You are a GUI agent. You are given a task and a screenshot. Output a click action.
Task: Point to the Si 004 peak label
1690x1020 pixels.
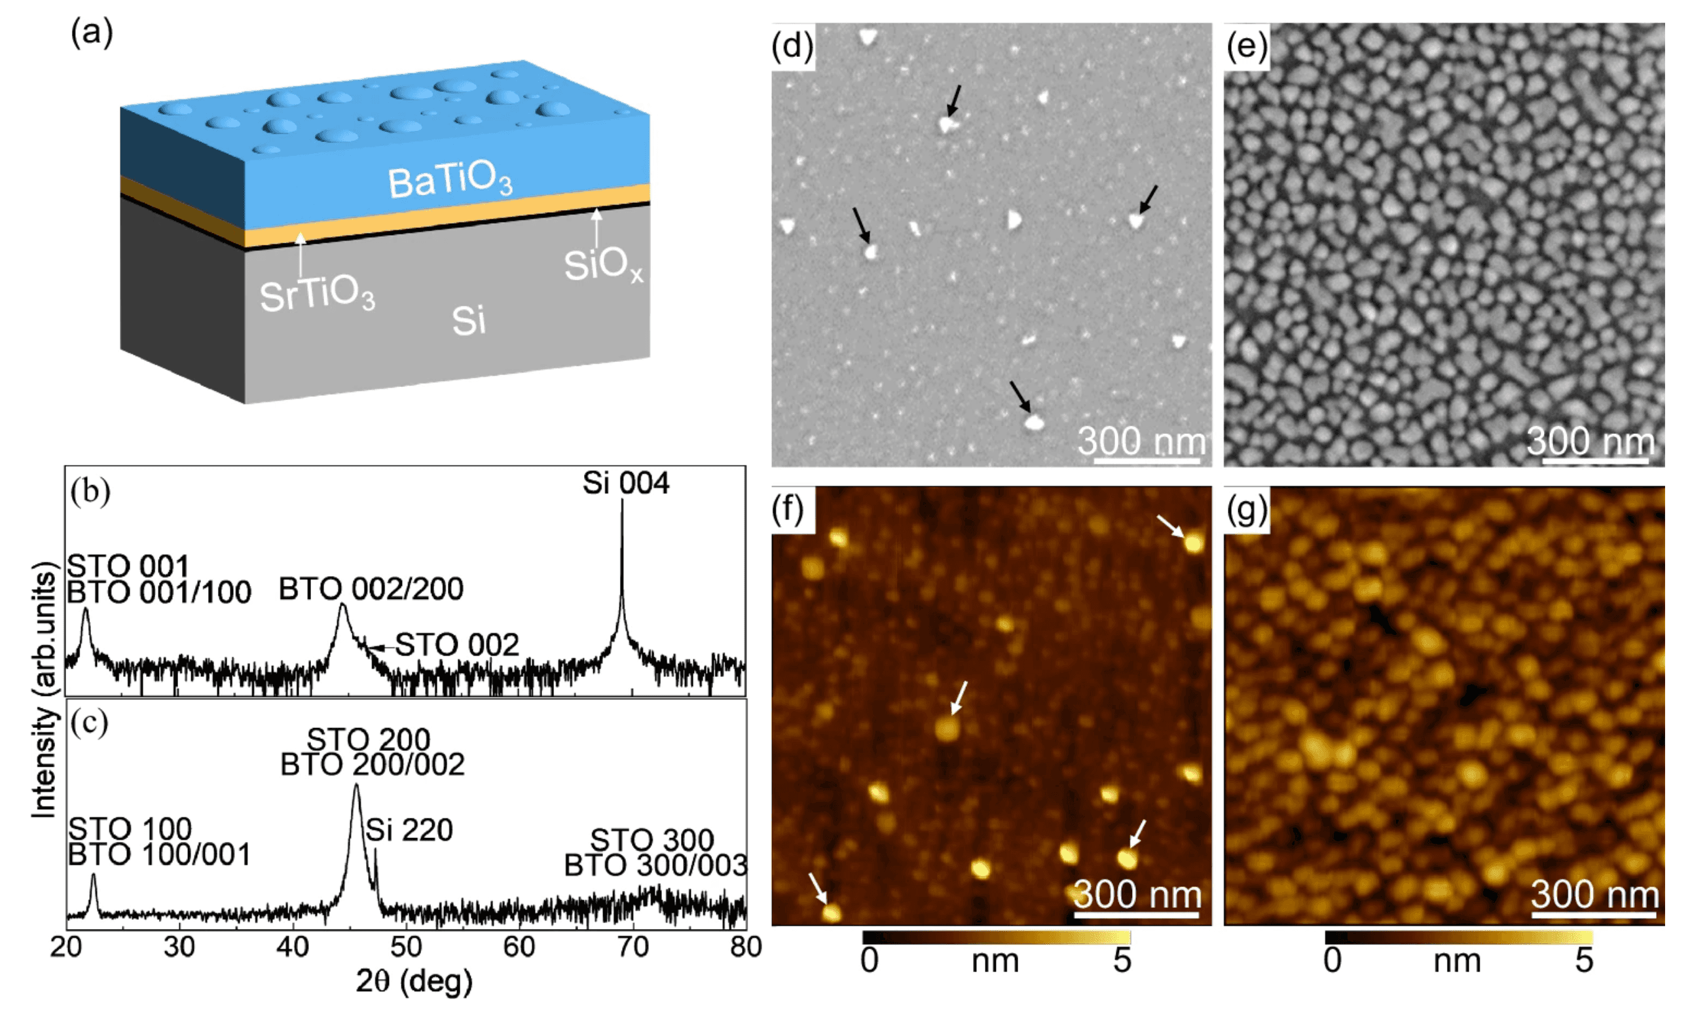[625, 484]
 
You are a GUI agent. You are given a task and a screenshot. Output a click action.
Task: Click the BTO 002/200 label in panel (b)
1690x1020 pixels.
[371, 589]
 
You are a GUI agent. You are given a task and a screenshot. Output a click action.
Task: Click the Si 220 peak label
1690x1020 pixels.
[409, 831]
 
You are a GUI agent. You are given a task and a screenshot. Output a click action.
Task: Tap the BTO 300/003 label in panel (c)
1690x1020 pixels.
[655, 865]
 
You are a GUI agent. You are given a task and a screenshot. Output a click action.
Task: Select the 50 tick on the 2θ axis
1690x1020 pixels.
[406, 947]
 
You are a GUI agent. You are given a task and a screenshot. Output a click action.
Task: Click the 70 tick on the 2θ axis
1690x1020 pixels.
[633, 947]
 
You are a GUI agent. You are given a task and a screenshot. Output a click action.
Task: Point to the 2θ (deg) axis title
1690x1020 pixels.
[414, 981]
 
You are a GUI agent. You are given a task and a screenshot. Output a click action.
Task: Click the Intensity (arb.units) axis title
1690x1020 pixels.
[44, 689]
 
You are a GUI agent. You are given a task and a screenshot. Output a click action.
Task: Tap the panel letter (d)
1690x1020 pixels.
[792, 46]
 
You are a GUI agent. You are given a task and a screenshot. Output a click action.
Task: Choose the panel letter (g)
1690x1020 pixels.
[1246, 509]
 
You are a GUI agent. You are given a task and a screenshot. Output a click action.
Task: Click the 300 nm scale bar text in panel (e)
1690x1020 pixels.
[1590, 441]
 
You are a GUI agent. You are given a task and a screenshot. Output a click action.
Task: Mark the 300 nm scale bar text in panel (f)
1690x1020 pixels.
[1137, 894]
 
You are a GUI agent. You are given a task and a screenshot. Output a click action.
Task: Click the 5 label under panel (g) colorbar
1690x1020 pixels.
[1584, 961]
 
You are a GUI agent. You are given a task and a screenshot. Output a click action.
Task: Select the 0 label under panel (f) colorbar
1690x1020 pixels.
[869, 961]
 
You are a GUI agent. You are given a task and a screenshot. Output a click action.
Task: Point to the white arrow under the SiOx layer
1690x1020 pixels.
[597, 227]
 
